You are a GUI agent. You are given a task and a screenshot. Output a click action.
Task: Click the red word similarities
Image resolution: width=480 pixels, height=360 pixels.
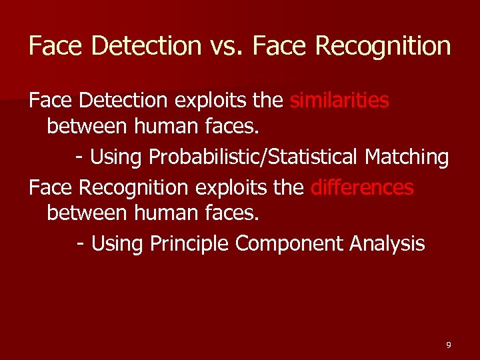(x=340, y=100)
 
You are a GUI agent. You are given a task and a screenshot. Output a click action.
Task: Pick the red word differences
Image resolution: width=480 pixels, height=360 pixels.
(x=362, y=187)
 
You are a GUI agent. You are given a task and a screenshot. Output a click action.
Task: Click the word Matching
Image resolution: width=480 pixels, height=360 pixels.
(x=407, y=157)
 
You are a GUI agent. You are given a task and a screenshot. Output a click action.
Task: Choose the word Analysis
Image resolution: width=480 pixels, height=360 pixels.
(x=387, y=244)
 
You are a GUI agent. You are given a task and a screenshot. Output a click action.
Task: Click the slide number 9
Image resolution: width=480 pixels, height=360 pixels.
(x=448, y=345)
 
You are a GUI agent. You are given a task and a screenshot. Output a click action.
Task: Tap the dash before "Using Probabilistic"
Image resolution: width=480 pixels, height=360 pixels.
(x=80, y=158)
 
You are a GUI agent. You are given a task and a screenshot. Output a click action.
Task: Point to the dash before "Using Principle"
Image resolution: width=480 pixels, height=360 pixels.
(x=81, y=245)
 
